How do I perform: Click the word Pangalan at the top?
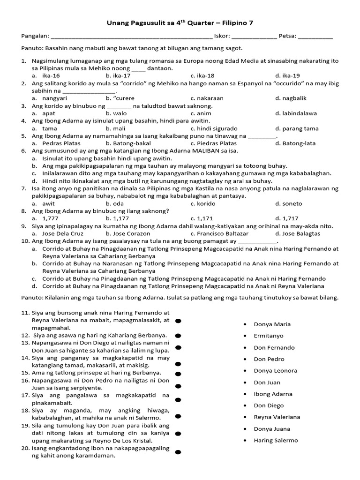point(34,36)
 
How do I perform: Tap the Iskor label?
point(221,36)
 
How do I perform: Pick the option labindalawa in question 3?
point(299,113)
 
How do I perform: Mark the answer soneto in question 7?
point(292,203)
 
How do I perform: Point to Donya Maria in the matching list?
point(272,324)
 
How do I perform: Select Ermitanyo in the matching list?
point(269,336)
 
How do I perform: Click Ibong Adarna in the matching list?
point(273,394)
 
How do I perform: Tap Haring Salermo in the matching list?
point(276,441)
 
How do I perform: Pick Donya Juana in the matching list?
point(272,429)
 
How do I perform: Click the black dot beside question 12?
point(178,336)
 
